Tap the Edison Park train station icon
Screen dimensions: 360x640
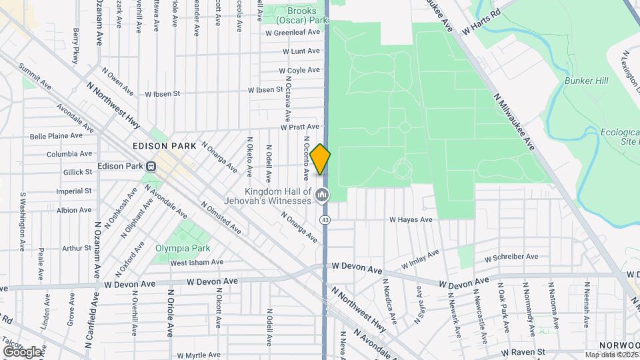pos(152,167)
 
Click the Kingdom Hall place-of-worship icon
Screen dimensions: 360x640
pos(322,195)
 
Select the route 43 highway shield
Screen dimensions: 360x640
pos(325,219)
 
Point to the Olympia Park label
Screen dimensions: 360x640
pos(183,248)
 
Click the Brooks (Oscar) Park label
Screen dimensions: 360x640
pos(307,15)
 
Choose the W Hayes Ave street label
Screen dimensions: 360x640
pos(411,219)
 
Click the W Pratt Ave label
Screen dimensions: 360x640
pos(300,127)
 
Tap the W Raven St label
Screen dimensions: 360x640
pos(523,351)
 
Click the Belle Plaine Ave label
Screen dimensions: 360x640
pos(56,135)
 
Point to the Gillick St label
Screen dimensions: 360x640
pos(77,172)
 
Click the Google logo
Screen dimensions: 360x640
pos(22,351)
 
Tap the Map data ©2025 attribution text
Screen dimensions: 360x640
pos(611,355)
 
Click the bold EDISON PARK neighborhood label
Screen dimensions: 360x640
pos(164,145)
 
